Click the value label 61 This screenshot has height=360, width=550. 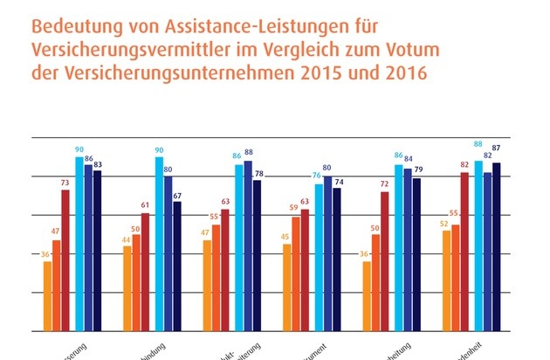point(145,205)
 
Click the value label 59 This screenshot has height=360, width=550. point(296,209)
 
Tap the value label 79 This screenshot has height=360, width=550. point(416,170)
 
